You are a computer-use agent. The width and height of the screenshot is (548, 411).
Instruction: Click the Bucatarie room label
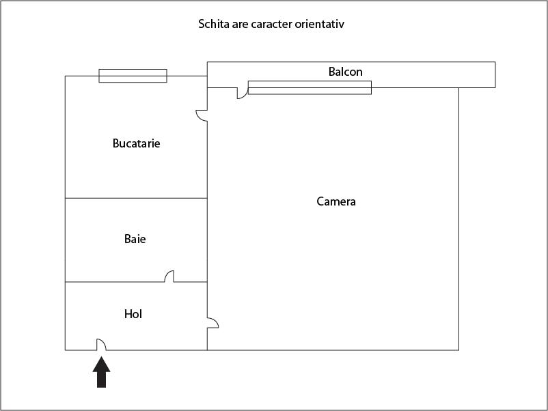coord(136,143)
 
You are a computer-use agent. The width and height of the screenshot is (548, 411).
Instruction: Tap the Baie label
coord(135,239)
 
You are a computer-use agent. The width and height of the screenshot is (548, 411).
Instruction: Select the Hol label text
coord(133,314)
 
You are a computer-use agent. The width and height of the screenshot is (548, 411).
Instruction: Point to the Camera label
coord(336,201)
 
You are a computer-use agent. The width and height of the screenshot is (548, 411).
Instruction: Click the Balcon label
coord(345,72)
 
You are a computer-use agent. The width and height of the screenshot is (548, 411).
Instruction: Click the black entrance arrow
coord(101,372)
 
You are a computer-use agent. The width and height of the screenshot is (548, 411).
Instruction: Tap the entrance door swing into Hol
coord(101,344)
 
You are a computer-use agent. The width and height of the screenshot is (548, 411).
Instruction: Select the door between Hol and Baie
coord(169,277)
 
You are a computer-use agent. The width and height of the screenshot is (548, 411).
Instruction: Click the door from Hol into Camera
coord(213,323)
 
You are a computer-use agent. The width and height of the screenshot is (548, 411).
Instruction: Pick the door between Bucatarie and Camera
coord(202,116)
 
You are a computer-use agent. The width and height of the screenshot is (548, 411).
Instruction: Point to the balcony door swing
coord(243,94)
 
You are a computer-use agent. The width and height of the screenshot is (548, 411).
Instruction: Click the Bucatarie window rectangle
coord(133,76)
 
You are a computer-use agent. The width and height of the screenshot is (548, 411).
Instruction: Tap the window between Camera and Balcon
coord(310,87)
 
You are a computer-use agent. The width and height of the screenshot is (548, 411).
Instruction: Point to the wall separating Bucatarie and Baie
coord(136,198)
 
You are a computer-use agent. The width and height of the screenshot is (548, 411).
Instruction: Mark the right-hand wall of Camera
coord(458,219)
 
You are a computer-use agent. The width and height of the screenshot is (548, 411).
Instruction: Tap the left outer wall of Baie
coord(66,240)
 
